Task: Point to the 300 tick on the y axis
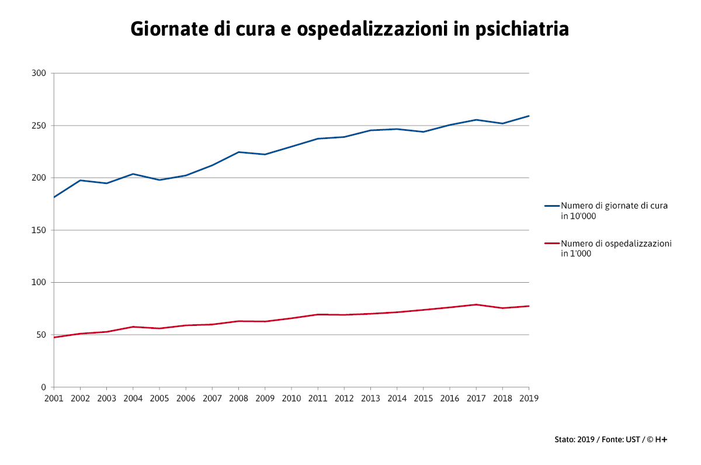coord(39,73)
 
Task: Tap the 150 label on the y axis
coord(39,230)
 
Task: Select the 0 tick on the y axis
coord(43,387)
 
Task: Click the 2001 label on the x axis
coord(54,398)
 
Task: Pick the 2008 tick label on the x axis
coord(238,398)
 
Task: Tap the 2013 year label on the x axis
coord(370,398)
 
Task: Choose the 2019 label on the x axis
coord(529,398)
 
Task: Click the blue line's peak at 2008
coord(238,152)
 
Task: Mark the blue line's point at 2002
coord(80,180)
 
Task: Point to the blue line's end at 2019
coord(529,116)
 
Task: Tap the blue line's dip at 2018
coord(502,123)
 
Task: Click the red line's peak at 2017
coord(476,304)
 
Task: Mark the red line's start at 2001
coord(54,337)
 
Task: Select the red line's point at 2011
coord(318,314)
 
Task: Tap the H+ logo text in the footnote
coord(661,439)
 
